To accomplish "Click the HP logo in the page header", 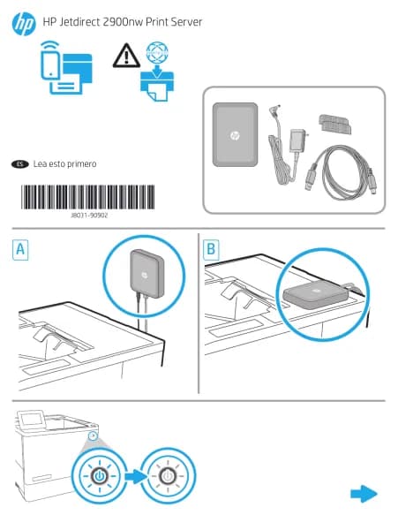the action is click(24, 23).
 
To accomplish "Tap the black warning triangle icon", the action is click(126, 55).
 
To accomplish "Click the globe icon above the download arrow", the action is click(157, 52).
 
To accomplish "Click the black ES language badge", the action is click(20, 164).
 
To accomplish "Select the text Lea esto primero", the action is click(64, 164).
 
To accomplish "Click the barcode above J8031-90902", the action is click(87, 197).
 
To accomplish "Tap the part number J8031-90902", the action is click(89, 216).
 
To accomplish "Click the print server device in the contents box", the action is click(236, 135).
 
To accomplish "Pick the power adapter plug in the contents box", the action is click(297, 140).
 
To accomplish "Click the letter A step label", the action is click(20, 249).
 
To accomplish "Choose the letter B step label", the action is click(211, 249).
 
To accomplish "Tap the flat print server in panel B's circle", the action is click(315, 295).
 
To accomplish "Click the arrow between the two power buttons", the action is click(137, 476).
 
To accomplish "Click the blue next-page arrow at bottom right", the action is click(364, 494).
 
